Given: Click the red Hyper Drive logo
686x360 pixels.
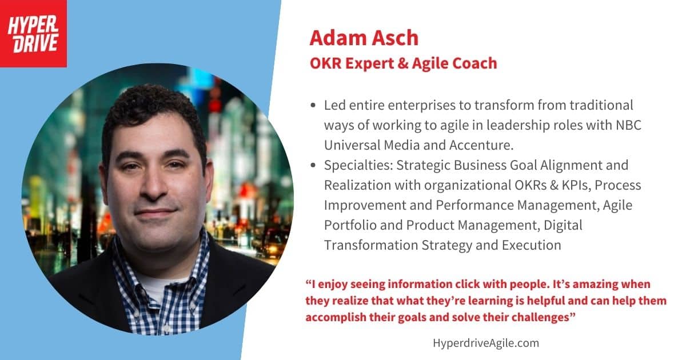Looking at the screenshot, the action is [x=33, y=33].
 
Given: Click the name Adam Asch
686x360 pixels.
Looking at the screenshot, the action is [x=364, y=38].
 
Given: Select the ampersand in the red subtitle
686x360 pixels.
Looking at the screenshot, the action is [x=402, y=63].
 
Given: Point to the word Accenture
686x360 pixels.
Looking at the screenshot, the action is [x=481, y=145].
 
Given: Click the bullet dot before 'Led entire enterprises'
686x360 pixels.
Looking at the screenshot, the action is [x=313, y=105].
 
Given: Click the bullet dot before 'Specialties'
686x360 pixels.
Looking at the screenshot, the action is [x=313, y=165].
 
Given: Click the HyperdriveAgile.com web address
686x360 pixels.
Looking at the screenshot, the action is [x=486, y=343].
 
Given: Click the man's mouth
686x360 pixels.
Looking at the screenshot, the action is [x=155, y=212].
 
